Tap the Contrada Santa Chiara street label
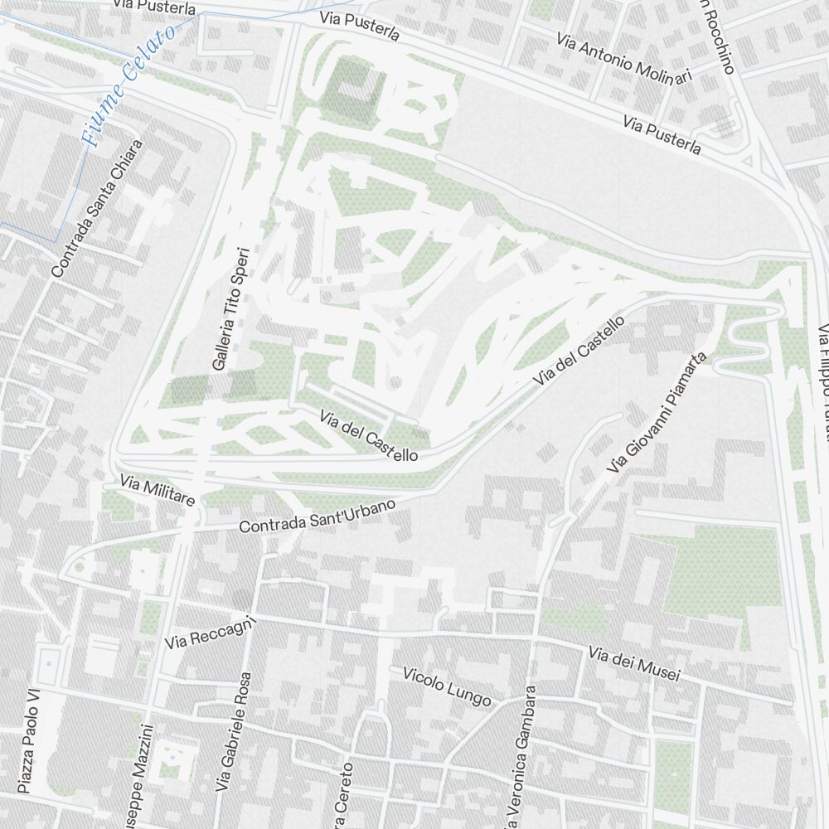(97, 208)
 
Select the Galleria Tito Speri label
(230, 308)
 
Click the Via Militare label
(157, 491)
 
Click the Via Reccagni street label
(207, 635)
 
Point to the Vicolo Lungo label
(446, 687)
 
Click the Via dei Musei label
(634, 664)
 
